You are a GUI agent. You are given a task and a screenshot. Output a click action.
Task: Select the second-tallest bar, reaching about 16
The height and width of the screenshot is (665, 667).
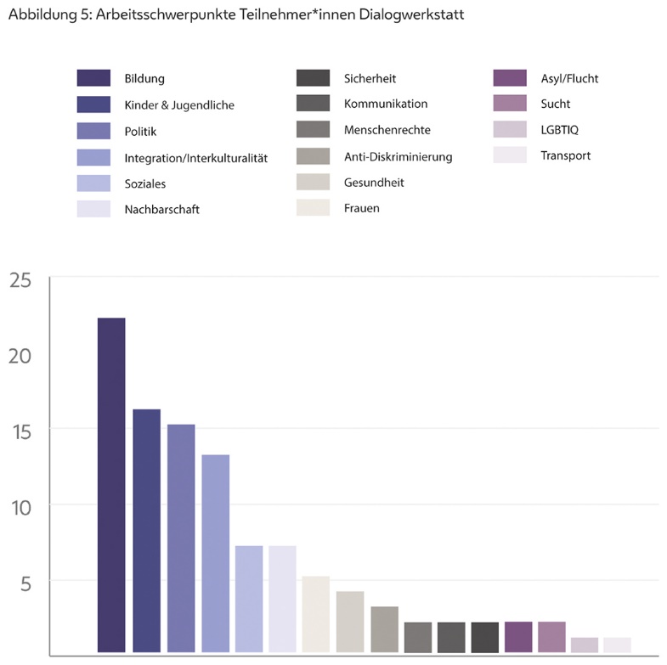pyautogui.click(x=146, y=532)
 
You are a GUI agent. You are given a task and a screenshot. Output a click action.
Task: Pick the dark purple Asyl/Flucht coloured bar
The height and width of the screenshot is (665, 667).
pyautogui.click(x=518, y=638)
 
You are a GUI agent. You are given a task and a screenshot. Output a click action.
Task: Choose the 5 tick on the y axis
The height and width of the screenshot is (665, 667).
pyautogui.click(x=26, y=583)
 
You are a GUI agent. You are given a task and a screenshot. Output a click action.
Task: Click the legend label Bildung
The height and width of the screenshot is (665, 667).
pyautogui.click(x=144, y=79)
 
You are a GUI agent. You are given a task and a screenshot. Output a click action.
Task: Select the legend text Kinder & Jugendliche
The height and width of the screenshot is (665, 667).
pyautogui.click(x=178, y=105)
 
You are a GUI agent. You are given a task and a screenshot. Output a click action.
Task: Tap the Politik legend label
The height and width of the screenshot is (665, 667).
pyautogui.click(x=140, y=132)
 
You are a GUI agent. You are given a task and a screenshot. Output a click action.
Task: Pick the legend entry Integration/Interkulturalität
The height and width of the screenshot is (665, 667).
pyautogui.click(x=195, y=158)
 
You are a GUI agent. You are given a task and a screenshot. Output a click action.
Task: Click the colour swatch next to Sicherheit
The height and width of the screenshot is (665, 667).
pyautogui.click(x=314, y=79)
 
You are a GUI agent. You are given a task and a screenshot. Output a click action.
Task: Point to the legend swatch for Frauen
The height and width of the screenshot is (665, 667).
pyautogui.click(x=314, y=208)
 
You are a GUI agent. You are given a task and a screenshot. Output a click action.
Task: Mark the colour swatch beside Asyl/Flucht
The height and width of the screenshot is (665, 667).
pyautogui.click(x=510, y=79)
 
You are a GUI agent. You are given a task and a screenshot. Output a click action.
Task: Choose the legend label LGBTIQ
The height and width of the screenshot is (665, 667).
pyautogui.click(x=559, y=130)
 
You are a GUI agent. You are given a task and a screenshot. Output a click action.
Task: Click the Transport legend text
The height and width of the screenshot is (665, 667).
pyautogui.click(x=565, y=155)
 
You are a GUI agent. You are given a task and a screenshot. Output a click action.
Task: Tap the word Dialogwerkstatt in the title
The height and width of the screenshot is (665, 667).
pyautogui.click(x=413, y=15)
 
